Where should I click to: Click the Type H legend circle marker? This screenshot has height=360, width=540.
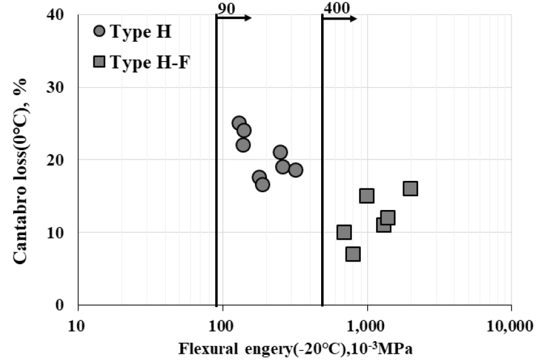coord(99,32)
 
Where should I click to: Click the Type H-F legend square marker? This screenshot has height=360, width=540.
coord(99,62)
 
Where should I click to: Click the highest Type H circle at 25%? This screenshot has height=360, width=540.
coord(239,123)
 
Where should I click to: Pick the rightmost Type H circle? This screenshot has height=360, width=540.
coord(295,170)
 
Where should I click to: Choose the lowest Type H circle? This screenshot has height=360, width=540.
coord(262,184)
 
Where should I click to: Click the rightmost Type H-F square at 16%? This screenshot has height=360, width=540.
coord(410,189)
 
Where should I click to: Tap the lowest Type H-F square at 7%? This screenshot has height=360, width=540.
coord(353,254)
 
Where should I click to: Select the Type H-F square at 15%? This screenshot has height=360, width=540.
coord(367,195)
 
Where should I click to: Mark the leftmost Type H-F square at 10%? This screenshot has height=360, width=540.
coord(344,232)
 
